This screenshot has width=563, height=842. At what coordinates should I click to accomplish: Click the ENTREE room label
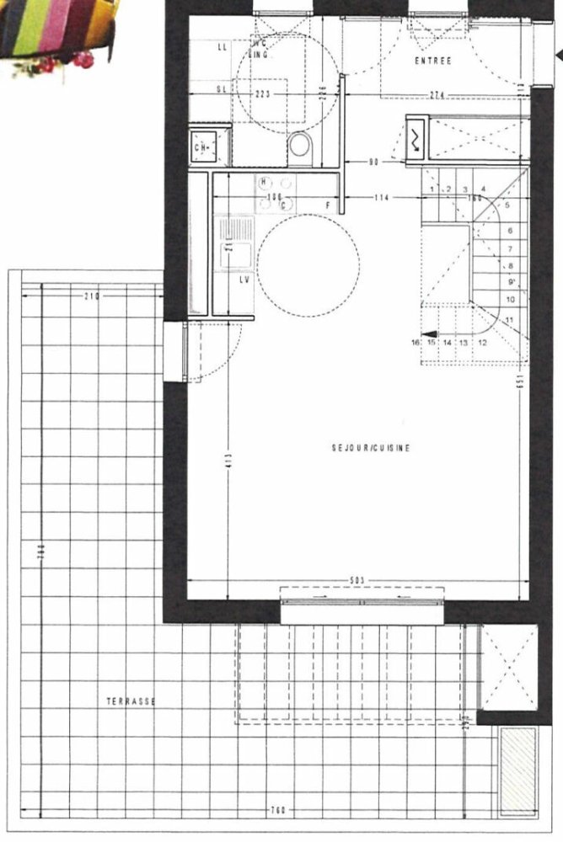(433, 61)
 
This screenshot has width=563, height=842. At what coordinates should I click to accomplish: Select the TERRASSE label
(131, 701)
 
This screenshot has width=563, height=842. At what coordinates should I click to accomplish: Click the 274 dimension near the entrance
(437, 94)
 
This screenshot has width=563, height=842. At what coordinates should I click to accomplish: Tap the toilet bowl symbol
(299, 147)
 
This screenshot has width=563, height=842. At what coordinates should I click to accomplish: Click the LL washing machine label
(223, 48)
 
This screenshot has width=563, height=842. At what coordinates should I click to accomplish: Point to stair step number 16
(416, 343)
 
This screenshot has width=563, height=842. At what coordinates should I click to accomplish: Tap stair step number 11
(510, 321)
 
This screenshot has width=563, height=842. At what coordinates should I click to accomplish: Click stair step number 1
(432, 190)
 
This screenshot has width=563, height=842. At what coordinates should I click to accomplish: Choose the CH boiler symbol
(202, 147)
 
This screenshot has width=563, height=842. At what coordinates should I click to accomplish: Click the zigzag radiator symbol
(417, 139)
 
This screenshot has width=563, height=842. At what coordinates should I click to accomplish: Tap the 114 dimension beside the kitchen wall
(383, 198)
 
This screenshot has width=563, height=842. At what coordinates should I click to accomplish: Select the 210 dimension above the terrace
(92, 296)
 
